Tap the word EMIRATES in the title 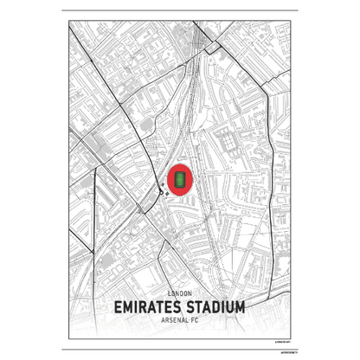point(149,308)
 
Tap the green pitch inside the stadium point(181,179)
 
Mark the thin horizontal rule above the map point(180,11)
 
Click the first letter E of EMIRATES point(119,308)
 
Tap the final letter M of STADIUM point(240,308)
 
